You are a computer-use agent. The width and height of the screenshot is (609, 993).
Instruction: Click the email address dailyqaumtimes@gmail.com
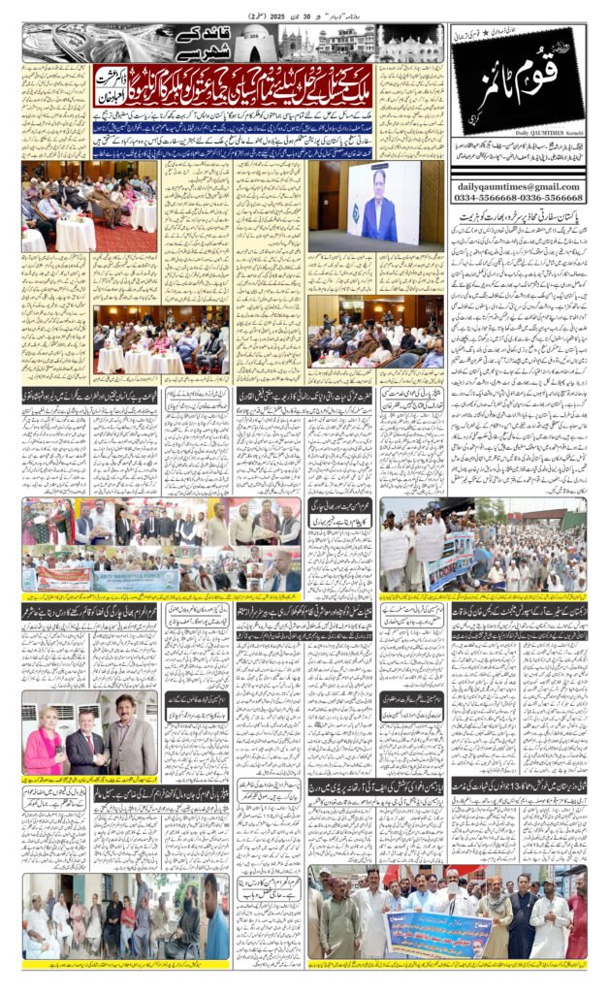point(517,187)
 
